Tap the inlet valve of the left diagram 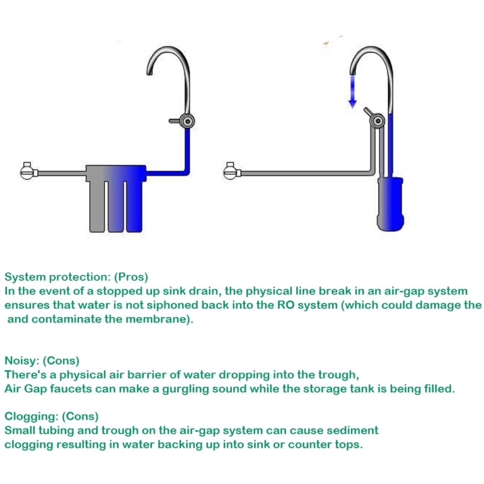(x=26, y=170)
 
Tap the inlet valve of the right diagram (x=230, y=170)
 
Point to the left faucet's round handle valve (x=185, y=120)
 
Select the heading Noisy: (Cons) (x=42, y=361)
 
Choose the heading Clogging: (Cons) (x=52, y=417)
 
